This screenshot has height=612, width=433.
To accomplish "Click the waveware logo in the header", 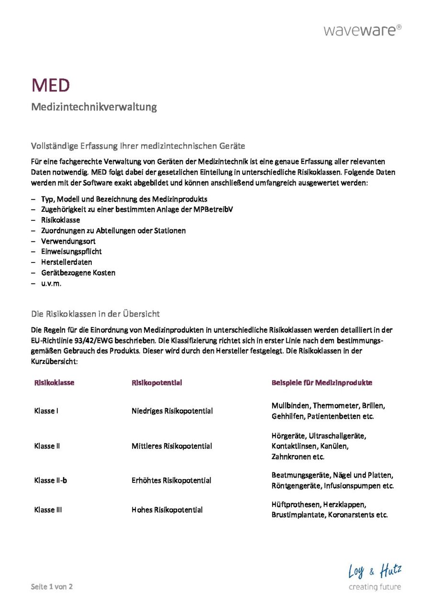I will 363,31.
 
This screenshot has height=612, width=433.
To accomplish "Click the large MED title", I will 51,86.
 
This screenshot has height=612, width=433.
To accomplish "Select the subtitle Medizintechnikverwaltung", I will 94,107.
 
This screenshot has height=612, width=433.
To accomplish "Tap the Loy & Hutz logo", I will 375,577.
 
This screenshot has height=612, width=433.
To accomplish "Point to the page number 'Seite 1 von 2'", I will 52,587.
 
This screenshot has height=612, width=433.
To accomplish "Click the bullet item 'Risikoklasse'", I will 60,220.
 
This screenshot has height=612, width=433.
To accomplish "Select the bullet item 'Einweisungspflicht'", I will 71,251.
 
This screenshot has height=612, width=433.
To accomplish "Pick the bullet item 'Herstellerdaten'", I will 67,262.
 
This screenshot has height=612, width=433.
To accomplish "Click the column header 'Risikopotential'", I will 156,382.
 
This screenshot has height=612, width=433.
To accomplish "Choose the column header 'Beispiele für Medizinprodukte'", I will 322,382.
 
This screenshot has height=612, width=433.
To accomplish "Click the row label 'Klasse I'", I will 46,411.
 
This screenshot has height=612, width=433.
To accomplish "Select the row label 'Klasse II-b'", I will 51,480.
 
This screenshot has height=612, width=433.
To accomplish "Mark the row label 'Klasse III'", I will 48,510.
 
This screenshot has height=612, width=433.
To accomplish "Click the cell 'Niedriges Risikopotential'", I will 172,411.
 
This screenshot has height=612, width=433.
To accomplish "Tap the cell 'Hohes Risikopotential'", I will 167,510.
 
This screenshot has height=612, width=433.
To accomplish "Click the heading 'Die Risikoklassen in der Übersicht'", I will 96,314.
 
